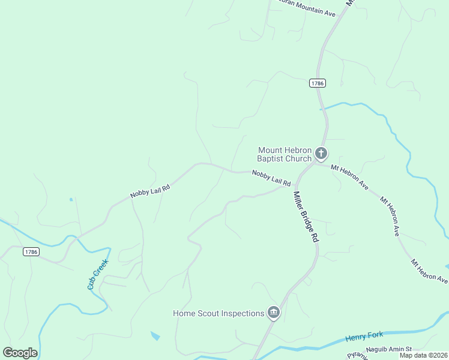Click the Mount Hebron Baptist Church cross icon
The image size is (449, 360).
(x=321, y=154)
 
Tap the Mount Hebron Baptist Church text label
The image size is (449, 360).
(x=285, y=154)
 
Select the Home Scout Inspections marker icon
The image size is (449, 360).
(x=274, y=313)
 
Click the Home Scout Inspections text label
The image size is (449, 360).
(x=218, y=313)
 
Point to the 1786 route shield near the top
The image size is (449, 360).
(x=318, y=83)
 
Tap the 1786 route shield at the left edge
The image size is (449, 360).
(x=32, y=252)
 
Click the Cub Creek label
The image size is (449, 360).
(x=97, y=274)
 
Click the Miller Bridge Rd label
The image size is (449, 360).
(x=305, y=216)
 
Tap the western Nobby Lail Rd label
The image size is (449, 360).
(x=150, y=191)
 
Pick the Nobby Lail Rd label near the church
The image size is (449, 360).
(x=271, y=178)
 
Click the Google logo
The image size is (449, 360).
(x=20, y=353)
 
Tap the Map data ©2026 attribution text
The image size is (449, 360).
(x=423, y=355)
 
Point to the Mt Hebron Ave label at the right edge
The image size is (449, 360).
(x=429, y=271)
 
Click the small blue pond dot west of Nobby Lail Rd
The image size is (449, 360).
(x=71, y=199)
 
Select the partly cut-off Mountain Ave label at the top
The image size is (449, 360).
(x=304, y=12)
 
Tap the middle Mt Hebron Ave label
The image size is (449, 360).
(x=390, y=214)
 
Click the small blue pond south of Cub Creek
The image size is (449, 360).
(x=155, y=336)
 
